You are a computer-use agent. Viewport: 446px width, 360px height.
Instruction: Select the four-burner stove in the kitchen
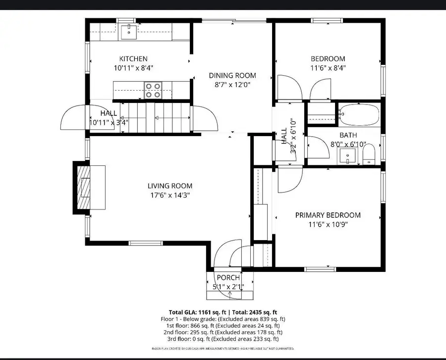click(x=153, y=90)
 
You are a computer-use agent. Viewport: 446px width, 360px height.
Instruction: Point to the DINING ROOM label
click(x=232, y=75)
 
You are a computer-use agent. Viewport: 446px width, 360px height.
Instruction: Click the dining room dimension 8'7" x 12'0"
click(x=232, y=84)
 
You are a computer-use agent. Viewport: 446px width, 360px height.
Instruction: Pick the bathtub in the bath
click(x=359, y=114)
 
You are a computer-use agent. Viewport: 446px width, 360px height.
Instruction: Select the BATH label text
click(x=348, y=135)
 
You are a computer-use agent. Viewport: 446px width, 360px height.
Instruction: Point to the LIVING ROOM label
click(x=169, y=186)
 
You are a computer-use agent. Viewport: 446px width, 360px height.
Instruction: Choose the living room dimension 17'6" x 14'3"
click(x=169, y=195)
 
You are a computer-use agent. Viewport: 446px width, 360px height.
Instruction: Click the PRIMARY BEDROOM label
click(x=328, y=215)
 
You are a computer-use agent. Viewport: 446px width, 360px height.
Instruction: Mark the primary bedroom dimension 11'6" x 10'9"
click(x=328, y=224)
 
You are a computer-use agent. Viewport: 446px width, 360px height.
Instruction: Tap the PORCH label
click(x=228, y=277)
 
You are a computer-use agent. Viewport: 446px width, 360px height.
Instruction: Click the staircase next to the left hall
click(x=156, y=118)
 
